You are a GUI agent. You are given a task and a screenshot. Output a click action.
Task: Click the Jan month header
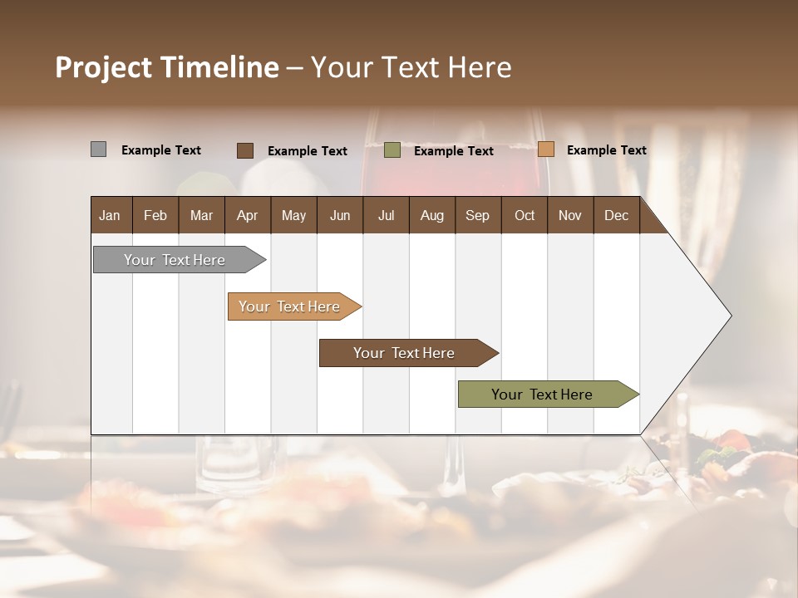[x=110, y=215]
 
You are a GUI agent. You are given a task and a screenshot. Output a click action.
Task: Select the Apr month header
[x=247, y=215]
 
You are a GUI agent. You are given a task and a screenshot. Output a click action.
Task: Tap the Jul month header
[x=386, y=215]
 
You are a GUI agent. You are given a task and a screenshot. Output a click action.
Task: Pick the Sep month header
[x=477, y=215]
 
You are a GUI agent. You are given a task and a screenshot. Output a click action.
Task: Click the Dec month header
[x=616, y=215]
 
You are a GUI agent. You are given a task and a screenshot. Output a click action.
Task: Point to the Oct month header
[x=525, y=215]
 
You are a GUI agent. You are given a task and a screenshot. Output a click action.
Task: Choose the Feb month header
[x=155, y=215]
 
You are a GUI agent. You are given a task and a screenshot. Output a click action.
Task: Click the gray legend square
[x=98, y=149]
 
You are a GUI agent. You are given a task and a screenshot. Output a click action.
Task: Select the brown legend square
[x=244, y=150]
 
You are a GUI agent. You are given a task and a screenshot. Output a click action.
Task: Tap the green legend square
[x=392, y=150]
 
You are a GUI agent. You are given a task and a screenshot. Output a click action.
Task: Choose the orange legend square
[x=545, y=149]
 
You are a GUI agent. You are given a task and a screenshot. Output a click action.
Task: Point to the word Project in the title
[x=103, y=67]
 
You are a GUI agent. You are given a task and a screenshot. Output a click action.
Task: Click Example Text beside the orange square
[x=606, y=150]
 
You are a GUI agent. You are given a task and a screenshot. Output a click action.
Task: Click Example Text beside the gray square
[x=161, y=150]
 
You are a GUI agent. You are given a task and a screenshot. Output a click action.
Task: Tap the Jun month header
[x=339, y=215]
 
